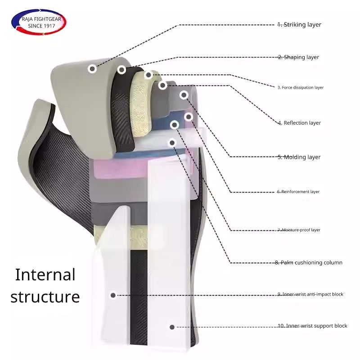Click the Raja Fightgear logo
[38, 22]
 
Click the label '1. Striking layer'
[299, 25]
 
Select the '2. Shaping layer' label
[298, 58]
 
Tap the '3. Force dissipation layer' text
[300, 87]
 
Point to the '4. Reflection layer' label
[299, 123]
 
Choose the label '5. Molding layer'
[299, 157]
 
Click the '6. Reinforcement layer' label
[298, 192]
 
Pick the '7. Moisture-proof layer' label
[299, 230]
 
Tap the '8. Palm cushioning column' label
[309, 263]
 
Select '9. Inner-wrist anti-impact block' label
[310, 294]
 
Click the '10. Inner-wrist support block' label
[312, 326]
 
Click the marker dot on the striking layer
[92, 69]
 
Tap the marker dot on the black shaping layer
[121, 70]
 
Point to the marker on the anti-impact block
[113, 295]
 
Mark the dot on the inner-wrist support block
[171, 327]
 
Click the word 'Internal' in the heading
[45, 274]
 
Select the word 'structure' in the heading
[45, 297]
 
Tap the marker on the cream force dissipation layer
[148, 75]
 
